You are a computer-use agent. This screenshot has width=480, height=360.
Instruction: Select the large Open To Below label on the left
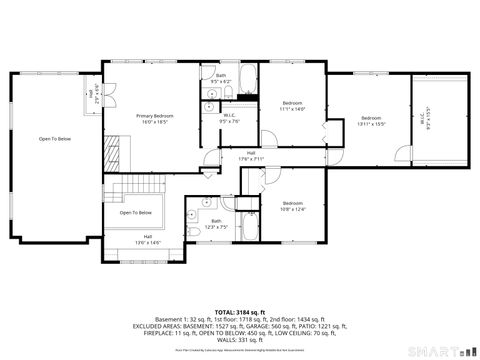54,139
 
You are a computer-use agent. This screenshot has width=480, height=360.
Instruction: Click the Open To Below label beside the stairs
135,212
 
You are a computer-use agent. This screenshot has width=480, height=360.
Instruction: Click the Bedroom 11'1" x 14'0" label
292,107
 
